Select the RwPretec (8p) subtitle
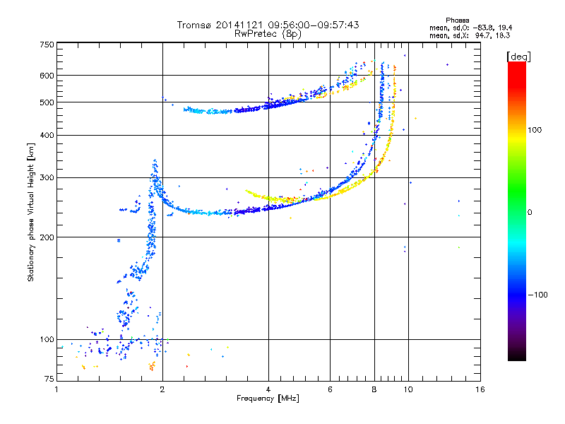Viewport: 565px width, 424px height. [268, 33]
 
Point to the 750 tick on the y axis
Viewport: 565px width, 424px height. [47, 45]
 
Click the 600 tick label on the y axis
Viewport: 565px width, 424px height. [47, 76]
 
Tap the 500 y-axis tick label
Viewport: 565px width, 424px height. [47, 102]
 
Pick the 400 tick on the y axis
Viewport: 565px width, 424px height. [47, 136]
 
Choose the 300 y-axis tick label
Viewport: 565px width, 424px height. [47, 178]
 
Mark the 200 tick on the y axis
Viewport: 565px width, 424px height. [47, 237]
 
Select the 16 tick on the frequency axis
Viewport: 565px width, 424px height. [480, 389]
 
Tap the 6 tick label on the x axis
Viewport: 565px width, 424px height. [330, 389]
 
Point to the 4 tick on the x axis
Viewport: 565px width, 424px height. [268, 389]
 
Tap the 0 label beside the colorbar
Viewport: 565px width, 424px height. [530, 212]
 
